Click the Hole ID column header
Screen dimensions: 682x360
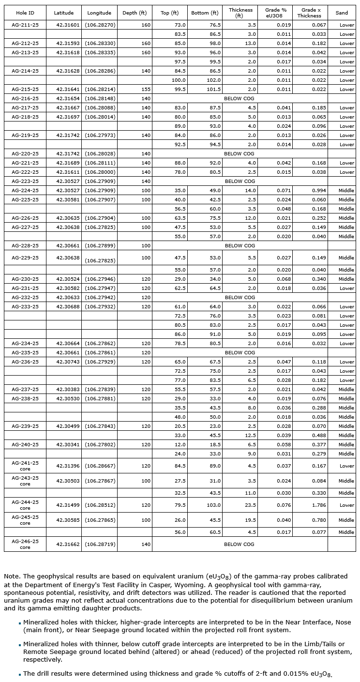25,13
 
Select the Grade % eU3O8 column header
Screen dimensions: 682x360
276,13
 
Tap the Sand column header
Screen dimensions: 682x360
342,13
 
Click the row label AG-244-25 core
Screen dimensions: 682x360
25,505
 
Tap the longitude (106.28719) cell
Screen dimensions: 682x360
100,544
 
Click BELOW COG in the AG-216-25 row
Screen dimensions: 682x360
240,98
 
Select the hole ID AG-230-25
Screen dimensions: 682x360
25,279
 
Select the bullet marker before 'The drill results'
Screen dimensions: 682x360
20,674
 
